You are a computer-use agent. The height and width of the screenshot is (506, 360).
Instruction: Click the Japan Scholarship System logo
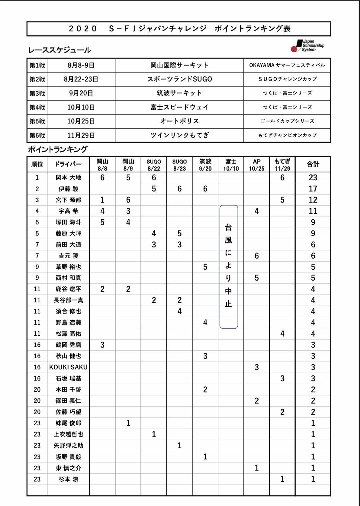[x=307, y=46]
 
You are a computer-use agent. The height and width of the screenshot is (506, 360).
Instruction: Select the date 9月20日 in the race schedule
[x=81, y=93]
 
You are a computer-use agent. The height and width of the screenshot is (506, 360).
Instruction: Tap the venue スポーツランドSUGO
[x=179, y=79]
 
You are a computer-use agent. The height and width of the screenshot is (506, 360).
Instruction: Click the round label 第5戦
[x=37, y=121]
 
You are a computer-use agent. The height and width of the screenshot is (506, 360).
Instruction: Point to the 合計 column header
[x=313, y=164]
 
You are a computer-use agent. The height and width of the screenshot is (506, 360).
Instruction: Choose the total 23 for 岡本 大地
[x=313, y=178]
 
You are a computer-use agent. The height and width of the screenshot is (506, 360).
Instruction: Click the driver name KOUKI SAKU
[x=68, y=367]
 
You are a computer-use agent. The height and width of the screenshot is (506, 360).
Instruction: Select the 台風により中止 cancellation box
[x=229, y=267]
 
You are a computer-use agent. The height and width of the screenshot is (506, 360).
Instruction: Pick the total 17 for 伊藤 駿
[x=313, y=189]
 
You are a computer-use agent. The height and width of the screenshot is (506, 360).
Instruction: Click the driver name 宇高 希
[x=68, y=211]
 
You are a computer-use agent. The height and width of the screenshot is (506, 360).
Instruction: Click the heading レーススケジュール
[x=60, y=50]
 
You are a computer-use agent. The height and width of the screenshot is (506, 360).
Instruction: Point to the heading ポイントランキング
[x=58, y=150]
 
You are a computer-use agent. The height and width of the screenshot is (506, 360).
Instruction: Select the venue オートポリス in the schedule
[x=179, y=121]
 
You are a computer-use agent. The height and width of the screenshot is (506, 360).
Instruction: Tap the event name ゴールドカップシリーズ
[x=287, y=121]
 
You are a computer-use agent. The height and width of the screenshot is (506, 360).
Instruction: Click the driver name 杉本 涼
[x=68, y=479]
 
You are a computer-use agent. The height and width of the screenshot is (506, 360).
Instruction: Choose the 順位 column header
[x=37, y=164]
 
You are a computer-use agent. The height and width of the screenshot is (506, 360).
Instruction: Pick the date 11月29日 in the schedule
[x=81, y=135]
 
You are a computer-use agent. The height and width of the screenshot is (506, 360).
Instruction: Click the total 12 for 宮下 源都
[x=313, y=200]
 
